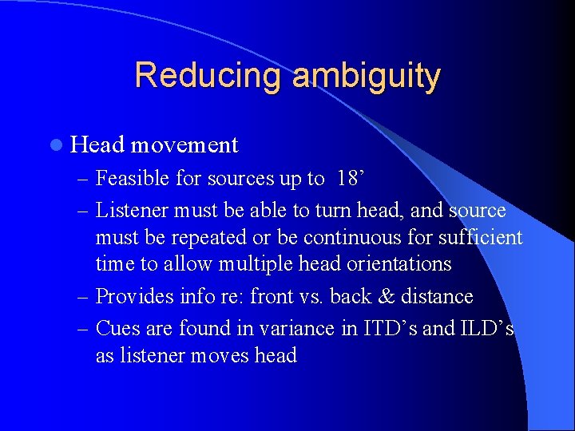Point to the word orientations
[399, 264]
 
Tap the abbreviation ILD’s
[482, 328]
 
